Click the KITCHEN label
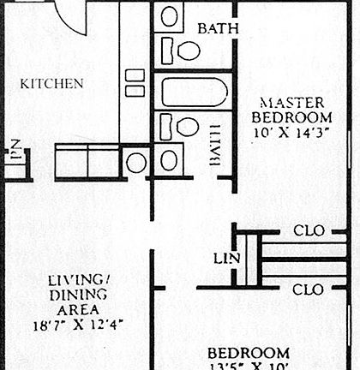51,84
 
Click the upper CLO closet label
308,230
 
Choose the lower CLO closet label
308,289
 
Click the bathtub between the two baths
195,92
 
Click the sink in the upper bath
170,15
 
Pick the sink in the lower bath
169,158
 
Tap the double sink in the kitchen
135,82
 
